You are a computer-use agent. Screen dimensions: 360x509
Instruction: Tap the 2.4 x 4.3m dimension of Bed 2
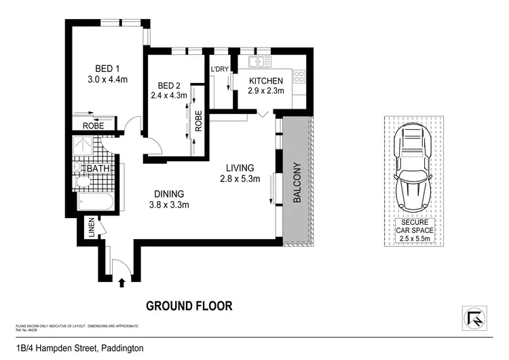tap(168, 96)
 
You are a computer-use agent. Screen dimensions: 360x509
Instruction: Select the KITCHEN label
tap(265, 81)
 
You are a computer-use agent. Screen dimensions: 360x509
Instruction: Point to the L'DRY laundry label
tap(220, 70)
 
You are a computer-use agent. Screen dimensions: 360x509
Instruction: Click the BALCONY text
tap(297, 183)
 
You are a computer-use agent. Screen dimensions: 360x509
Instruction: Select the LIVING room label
tap(240, 168)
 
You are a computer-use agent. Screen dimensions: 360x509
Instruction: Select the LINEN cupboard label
tap(91, 228)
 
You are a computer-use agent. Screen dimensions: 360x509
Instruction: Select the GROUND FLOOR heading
tap(189, 306)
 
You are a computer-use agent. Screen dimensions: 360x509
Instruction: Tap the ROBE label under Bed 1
tap(93, 126)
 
